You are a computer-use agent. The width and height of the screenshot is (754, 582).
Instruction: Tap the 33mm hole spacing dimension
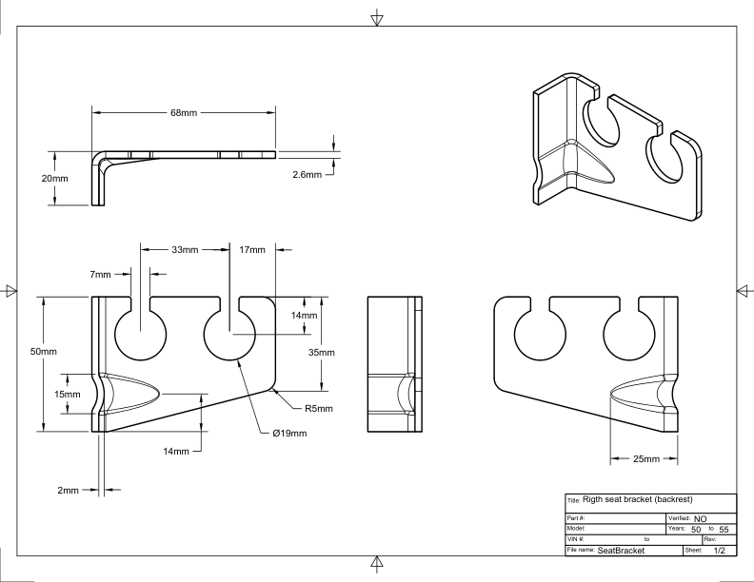(184, 250)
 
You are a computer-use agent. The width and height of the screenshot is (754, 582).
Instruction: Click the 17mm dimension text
(253, 250)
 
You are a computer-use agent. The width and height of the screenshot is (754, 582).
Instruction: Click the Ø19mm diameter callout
(288, 435)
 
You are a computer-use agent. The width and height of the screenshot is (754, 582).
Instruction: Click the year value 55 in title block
(724, 528)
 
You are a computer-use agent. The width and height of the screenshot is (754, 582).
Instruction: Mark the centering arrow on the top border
(377, 16)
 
